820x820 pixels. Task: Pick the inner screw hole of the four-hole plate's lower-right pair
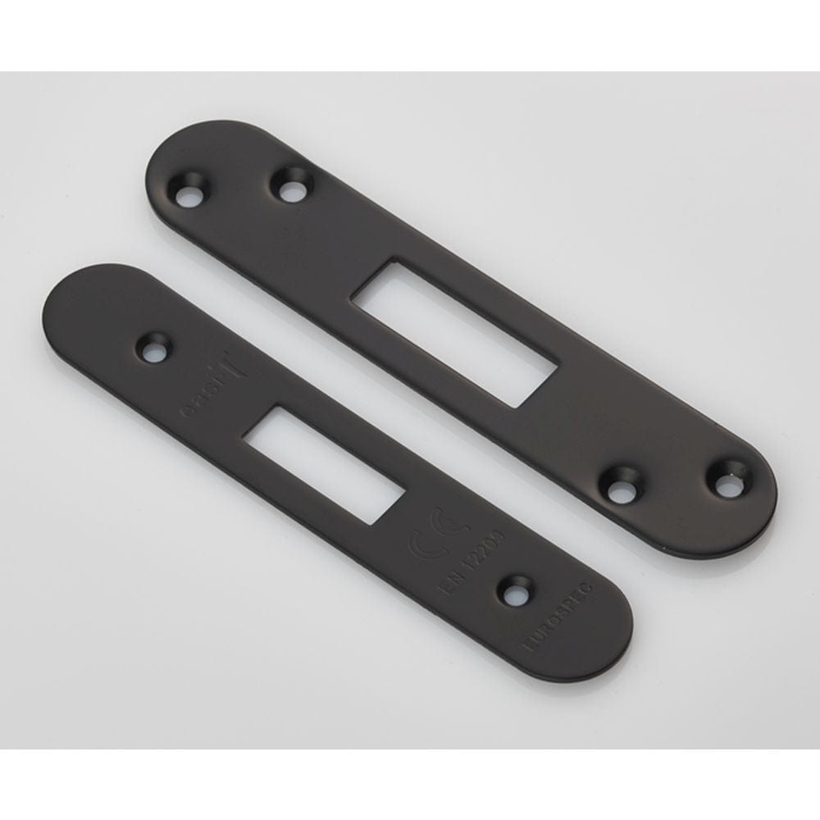click(x=622, y=490)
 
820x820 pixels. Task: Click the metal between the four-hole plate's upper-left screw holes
click(x=239, y=190)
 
